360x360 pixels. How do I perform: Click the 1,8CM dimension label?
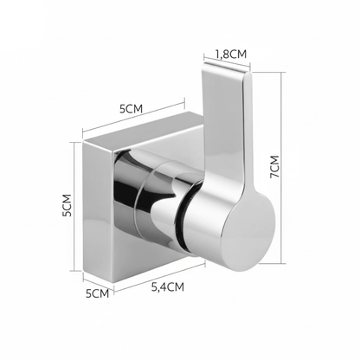coord(231,54)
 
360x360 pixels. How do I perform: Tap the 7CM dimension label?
coord(274,167)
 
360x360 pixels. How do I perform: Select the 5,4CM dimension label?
coord(168,287)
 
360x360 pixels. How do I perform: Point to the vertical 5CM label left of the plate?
coord(67,205)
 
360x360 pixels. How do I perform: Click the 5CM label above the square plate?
coord(132,109)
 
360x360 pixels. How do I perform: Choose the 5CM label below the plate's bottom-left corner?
coord(98,293)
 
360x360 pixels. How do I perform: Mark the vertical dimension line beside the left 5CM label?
coord(74,206)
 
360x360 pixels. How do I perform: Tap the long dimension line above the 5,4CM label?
coord(159,277)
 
